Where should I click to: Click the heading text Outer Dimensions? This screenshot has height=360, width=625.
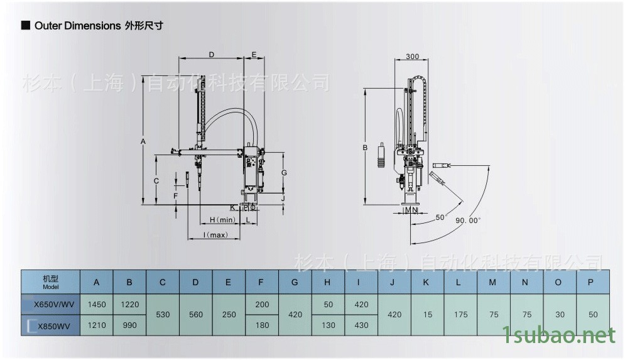(x=77, y=26)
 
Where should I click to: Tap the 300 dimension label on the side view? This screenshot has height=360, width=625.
(x=412, y=57)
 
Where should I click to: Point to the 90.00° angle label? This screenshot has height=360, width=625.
(x=468, y=220)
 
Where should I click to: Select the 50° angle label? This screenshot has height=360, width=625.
(x=440, y=217)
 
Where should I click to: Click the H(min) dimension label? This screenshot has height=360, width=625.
(x=222, y=219)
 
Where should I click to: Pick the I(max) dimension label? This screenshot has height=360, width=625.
(x=215, y=235)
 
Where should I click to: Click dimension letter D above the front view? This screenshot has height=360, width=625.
(x=212, y=55)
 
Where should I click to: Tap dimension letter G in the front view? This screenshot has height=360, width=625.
(x=284, y=172)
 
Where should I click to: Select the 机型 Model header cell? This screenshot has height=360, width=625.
(x=50, y=281)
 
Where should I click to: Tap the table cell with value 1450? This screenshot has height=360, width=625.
(x=97, y=305)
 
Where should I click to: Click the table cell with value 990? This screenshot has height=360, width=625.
(x=129, y=325)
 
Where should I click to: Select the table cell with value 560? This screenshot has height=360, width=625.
(x=195, y=314)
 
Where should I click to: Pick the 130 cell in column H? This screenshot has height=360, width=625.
(x=327, y=325)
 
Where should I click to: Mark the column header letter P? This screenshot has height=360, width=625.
(x=590, y=282)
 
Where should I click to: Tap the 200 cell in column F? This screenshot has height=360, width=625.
(x=261, y=305)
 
